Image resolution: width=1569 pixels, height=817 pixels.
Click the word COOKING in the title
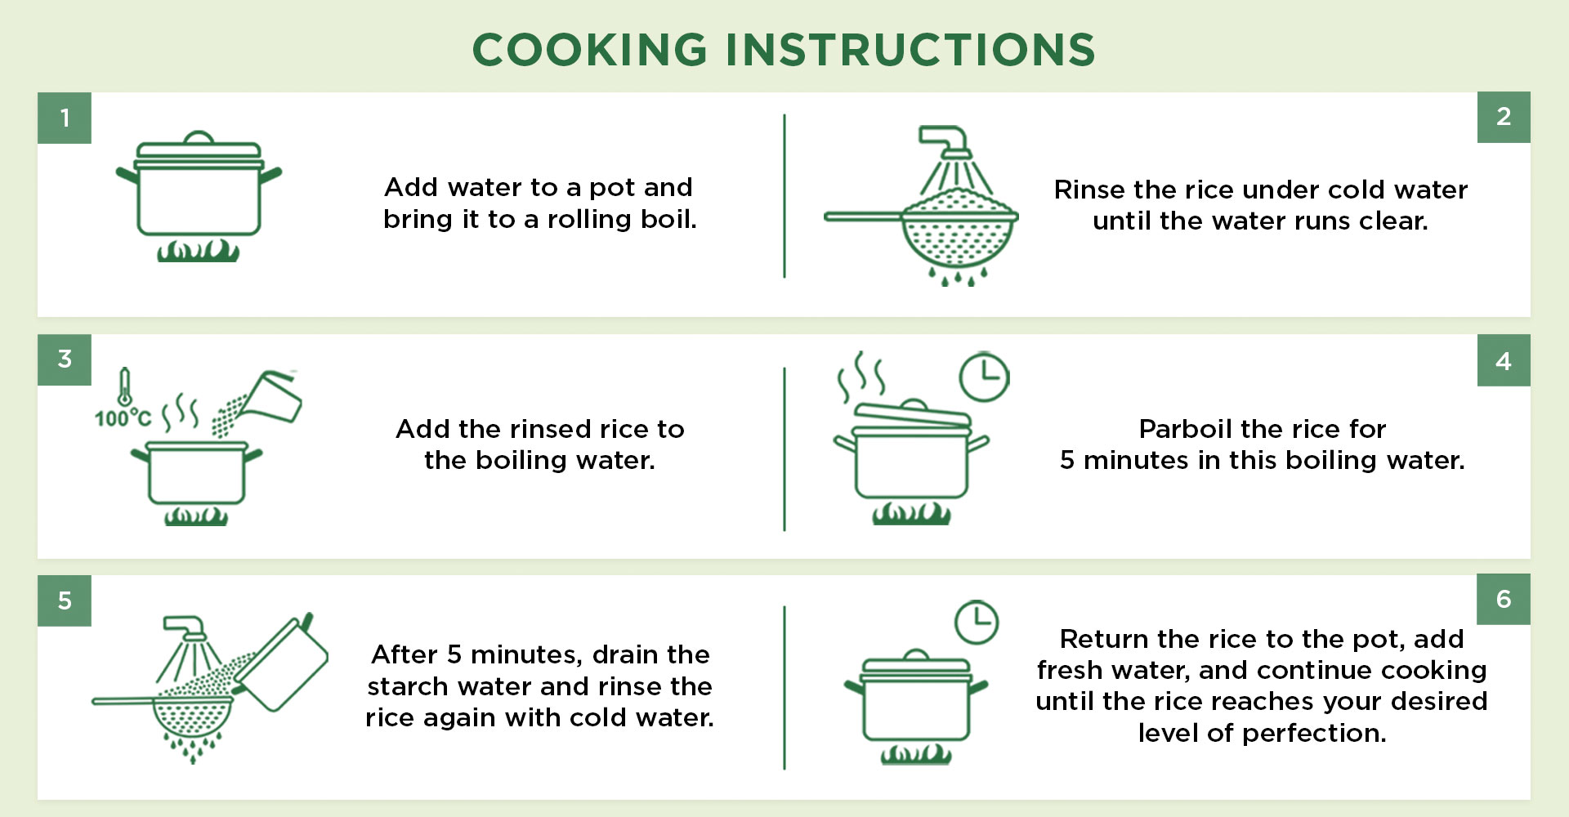[x=589, y=50]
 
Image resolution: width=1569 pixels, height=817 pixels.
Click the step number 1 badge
[x=65, y=118]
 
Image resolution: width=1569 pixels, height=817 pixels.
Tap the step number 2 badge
[x=1504, y=117]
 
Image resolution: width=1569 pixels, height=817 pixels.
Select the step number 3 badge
[x=65, y=359]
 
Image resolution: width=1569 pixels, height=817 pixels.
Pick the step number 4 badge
[x=1504, y=360]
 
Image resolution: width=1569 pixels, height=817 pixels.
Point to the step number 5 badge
[x=65, y=600]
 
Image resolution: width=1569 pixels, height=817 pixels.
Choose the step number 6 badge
[x=1504, y=599]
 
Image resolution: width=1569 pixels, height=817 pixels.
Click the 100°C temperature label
[x=123, y=418]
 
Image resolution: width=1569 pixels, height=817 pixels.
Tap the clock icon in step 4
[x=984, y=377]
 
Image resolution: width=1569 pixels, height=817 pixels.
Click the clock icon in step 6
[x=977, y=623]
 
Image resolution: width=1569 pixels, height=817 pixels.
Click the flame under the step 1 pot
[x=199, y=250]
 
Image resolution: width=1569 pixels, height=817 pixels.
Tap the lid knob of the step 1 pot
[x=199, y=137]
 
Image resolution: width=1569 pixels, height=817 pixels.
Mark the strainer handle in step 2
[x=864, y=217]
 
